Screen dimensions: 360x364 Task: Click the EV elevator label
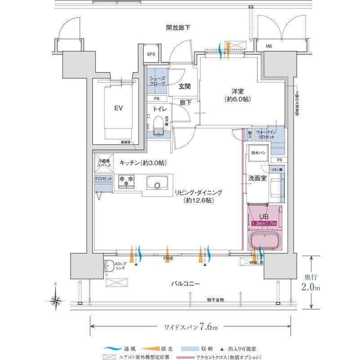119,108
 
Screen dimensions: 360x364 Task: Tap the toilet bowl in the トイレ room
158,126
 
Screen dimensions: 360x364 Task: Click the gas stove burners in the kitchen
126,181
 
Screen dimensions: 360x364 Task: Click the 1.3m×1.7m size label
264,223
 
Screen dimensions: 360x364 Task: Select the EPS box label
151,54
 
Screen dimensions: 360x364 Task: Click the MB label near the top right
269,46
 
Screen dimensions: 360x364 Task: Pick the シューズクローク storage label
157,81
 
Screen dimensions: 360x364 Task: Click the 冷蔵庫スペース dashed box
104,163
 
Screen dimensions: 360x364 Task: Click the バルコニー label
185,284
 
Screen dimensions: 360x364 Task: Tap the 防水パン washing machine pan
258,153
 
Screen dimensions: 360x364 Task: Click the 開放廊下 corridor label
178,28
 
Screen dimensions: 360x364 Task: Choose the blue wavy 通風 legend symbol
115,349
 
